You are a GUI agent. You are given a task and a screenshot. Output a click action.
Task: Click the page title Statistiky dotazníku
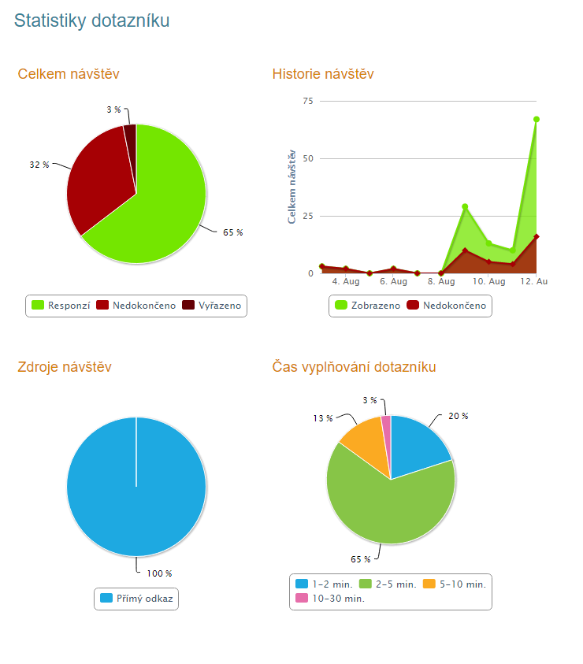[91, 21]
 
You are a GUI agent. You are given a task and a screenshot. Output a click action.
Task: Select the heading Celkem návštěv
[69, 74]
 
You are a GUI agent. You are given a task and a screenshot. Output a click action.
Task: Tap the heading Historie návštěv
[323, 74]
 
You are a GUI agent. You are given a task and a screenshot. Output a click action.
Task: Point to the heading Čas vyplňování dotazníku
[354, 367]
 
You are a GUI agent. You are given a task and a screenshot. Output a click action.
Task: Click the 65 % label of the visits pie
[232, 232]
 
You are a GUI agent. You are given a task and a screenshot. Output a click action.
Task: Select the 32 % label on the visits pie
[39, 165]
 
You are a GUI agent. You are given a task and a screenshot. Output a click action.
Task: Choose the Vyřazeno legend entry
[214, 306]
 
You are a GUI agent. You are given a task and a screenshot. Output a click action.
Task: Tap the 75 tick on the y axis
[307, 101]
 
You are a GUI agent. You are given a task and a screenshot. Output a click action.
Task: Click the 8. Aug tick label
[441, 281]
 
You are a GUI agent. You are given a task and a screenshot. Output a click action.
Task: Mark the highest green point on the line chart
[537, 119]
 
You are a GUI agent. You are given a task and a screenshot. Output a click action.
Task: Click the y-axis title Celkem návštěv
[291, 186]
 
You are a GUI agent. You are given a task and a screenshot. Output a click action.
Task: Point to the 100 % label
[159, 573]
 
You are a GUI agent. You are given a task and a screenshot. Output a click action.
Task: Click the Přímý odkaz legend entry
[137, 599]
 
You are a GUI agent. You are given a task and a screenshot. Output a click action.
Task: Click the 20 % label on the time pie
[458, 416]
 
